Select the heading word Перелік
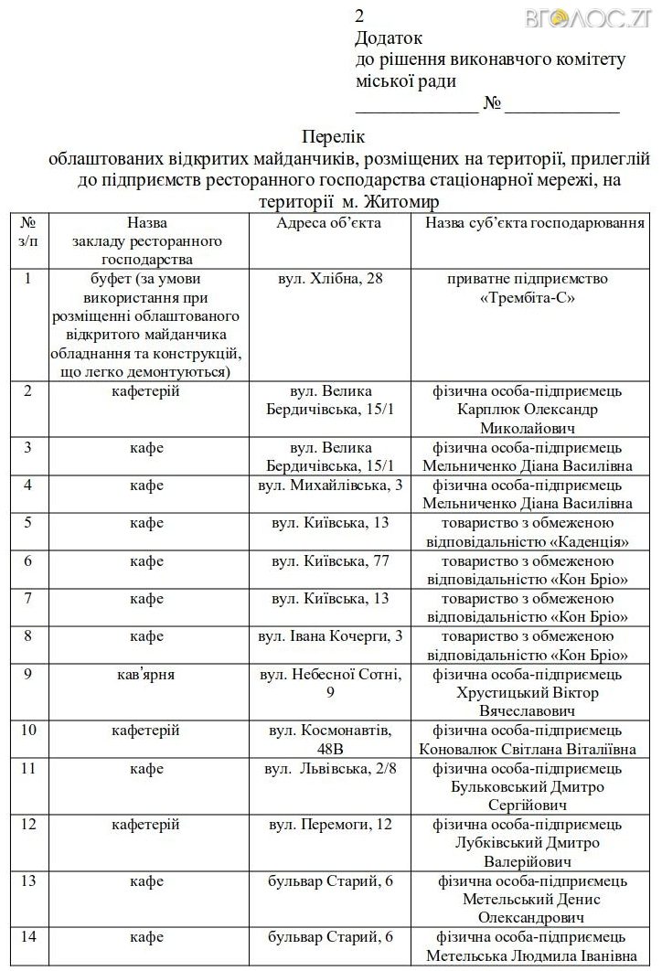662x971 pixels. (331, 138)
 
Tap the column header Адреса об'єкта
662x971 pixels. (329, 222)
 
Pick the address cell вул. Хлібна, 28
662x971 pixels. (330, 278)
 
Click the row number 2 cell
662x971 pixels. (28, 391)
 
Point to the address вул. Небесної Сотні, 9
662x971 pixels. (330, 683)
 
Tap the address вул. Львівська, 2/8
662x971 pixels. (330, 768)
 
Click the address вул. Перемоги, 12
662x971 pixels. (330, 824)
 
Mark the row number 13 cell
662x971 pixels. (28, 880)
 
